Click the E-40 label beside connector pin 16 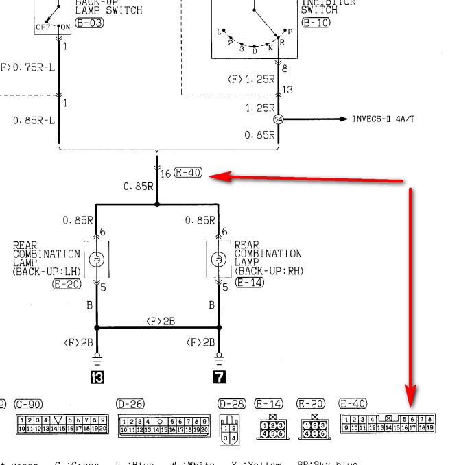[188, 173]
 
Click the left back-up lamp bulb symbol [97, 259]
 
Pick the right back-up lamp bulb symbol [219, 259]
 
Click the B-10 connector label [316, 23]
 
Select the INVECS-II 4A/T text [384, 119]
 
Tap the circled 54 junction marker [278, 119]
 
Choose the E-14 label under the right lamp [249, 282]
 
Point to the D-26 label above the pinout [130, 404]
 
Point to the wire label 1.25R [260, 108]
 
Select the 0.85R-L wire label [33, 121]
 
